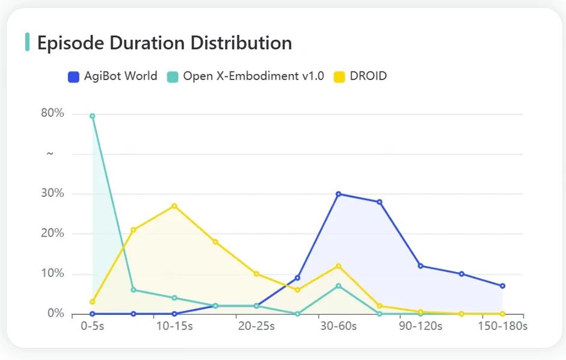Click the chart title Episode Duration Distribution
(164, 43)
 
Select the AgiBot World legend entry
(112, 76)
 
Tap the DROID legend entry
(360, 76)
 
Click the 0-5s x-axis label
(93, 326)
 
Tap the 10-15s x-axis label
(174, 326)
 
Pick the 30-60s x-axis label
(339, 326)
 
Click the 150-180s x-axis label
(503, 326)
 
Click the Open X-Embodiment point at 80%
(93, 116)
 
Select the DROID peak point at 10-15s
(174, 206)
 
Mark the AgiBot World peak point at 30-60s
(339, 194)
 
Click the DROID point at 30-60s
(339, 266)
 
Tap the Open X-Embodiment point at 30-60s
(339, 286)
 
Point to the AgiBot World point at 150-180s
(503, 286)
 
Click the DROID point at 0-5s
(93, 302)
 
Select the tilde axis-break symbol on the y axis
(51, 154)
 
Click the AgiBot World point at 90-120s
(420, 266)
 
